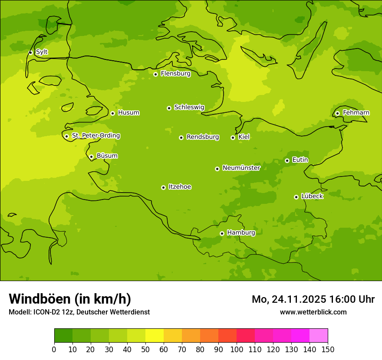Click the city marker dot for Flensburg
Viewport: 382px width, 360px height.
coord(155,74)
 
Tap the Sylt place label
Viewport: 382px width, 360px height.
coord(42,52)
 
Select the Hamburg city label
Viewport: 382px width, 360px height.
coord(241,233)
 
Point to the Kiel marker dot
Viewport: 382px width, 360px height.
coord(233,137)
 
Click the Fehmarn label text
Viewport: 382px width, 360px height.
coord(356,113)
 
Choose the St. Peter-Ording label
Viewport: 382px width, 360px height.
coord(95,136)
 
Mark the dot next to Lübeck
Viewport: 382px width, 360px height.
coord(296,197)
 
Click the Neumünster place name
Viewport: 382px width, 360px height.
coord(241,168)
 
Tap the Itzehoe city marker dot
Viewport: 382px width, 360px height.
coord(163,187)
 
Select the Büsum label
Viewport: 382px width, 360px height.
coord(107,156)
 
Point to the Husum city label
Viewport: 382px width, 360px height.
coord(128,113)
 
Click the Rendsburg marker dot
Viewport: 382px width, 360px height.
coord(181,137)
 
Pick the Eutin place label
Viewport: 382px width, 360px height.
coord(300,160)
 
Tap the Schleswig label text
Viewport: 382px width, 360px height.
coord(189,107)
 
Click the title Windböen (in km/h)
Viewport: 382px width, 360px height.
coord(70,299)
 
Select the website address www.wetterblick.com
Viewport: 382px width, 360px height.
coord(313,312)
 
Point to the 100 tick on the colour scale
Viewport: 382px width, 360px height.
coord(237,349)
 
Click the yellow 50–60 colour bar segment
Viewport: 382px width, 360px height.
coord(155,336)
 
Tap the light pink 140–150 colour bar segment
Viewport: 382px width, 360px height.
coord(319,336)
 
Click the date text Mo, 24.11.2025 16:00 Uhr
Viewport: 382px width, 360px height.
coord(313,299)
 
